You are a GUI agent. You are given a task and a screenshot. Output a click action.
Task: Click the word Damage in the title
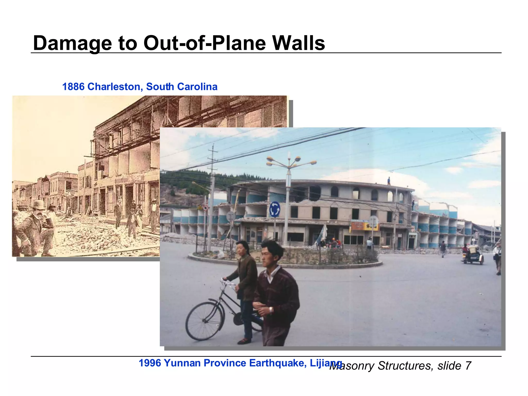(72, 43)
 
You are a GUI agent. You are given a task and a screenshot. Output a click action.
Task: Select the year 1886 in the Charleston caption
(73, 87)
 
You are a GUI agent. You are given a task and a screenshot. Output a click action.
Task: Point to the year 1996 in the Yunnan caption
(150, 363)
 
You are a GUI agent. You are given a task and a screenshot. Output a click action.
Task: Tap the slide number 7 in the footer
(468, 366)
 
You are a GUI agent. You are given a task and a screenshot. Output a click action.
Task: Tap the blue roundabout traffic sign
(275, 209)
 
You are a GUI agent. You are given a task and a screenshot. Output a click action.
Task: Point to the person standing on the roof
(389, 181)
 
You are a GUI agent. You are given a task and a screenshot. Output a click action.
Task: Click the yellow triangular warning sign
(200, 208)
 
